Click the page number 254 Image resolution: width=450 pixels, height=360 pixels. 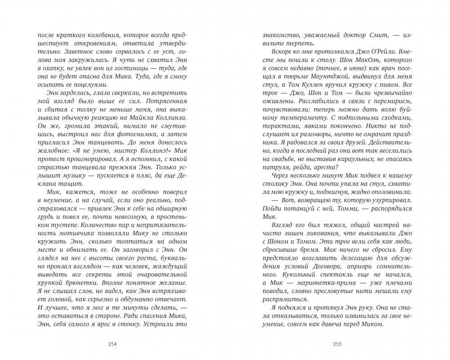tap(112, 345)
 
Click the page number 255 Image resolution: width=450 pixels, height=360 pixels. tap(336, 345)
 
